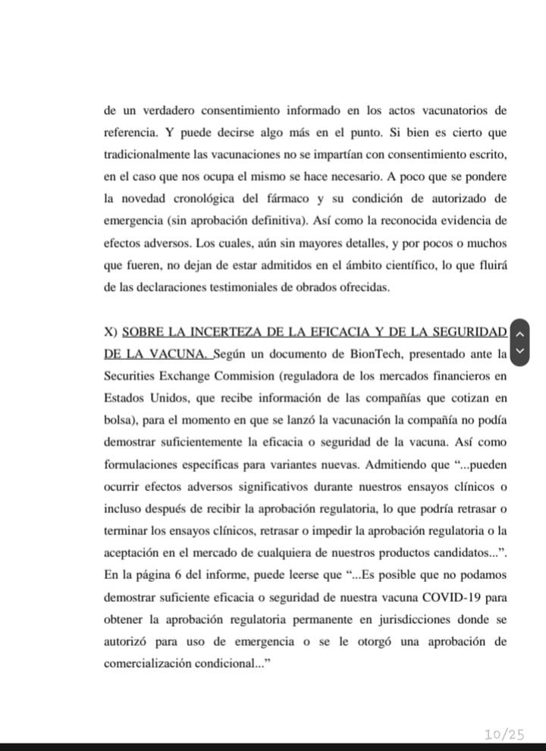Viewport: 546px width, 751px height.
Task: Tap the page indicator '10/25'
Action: pyautogui.click(x=504, y=733)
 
